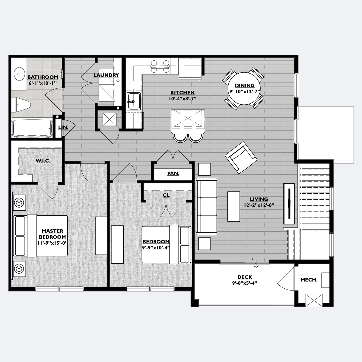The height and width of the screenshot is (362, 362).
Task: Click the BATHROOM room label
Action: tap(43, 77)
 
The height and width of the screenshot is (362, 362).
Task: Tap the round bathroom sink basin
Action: tap(19, 74)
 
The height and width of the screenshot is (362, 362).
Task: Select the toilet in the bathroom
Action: tap(21, 105)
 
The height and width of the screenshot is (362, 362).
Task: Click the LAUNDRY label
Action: tap(106, 75)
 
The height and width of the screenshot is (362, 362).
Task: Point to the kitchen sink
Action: tap(134, 101)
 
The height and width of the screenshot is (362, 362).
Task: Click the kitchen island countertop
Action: tap(188, 121)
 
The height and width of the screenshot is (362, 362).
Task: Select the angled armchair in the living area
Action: tap(241, 157)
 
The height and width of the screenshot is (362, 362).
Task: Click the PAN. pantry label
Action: tap(173, 173)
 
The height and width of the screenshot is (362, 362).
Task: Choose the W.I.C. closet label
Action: tap(43, 161)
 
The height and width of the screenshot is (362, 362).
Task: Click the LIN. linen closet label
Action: tap(63, 127)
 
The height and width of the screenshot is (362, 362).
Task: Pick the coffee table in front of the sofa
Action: tap(234, 206)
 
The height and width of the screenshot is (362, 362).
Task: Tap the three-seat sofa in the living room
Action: tap(206, 207)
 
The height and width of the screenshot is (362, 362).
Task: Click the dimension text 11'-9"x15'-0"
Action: tap(52, 243)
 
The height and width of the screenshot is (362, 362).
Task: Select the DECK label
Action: tap(245, 277)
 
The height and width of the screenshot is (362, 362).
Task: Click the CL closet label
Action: tap(166, 195)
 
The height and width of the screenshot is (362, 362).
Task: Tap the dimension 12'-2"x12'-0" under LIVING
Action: tap(259, 205)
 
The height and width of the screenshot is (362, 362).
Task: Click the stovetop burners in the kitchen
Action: tap(160, 66)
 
